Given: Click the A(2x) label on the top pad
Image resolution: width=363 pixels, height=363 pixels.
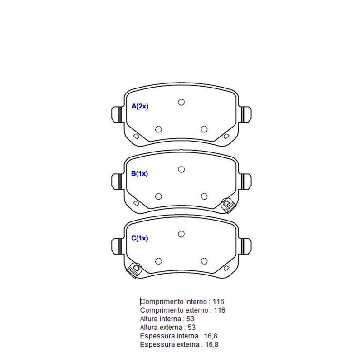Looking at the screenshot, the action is (140, 106).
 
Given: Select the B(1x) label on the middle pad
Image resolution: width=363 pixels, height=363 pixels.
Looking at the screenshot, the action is (139, 173).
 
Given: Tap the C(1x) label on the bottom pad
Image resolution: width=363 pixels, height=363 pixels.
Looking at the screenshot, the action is (139, 238).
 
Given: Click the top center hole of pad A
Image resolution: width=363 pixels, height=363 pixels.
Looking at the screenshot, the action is (181, 102).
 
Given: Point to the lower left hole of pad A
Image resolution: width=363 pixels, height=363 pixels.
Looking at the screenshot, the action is (158, 129).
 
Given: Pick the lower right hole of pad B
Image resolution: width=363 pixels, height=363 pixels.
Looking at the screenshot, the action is (204, 196).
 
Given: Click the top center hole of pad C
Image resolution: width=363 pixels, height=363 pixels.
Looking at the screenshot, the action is (181, 234).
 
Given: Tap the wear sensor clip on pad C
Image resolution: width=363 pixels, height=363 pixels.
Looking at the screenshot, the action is (134, 270).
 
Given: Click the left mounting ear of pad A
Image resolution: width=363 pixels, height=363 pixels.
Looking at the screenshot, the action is (116, 114).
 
